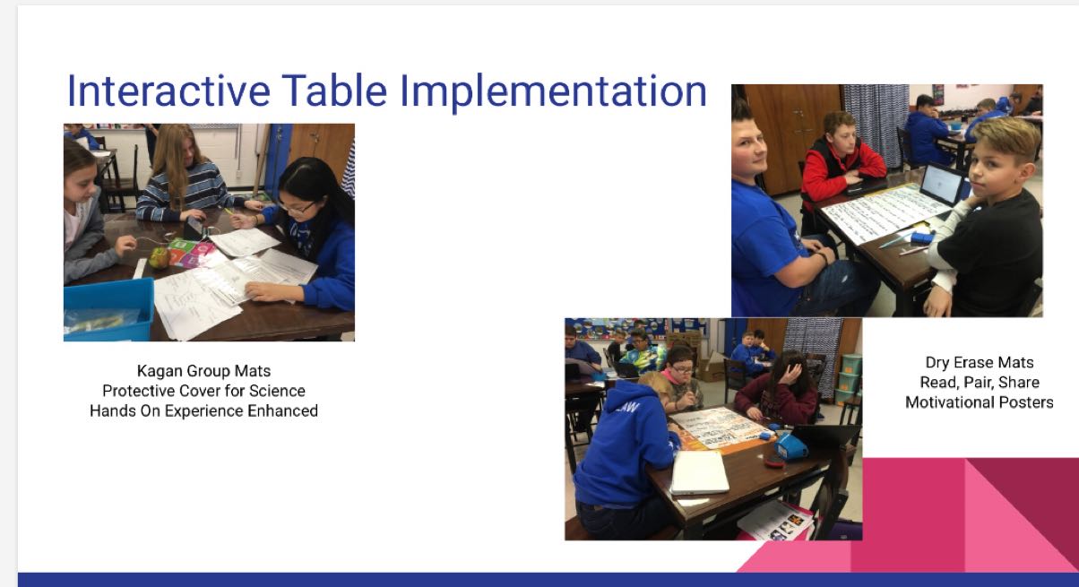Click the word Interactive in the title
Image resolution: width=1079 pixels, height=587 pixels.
click(168, 91)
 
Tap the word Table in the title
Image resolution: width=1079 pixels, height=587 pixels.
click(334, 91)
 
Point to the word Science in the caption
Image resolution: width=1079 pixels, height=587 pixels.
click(277, 391)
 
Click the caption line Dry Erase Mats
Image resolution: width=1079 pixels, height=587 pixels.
click(980, 362)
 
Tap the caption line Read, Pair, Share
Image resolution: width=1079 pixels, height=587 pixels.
click(980, 383)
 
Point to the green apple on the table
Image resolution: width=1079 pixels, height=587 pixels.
click(159, 257)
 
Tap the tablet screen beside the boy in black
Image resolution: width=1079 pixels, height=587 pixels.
click(941, 185)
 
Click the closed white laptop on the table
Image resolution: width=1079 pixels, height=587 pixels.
click(699, 472)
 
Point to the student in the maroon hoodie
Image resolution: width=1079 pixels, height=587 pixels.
click(776, 388)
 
